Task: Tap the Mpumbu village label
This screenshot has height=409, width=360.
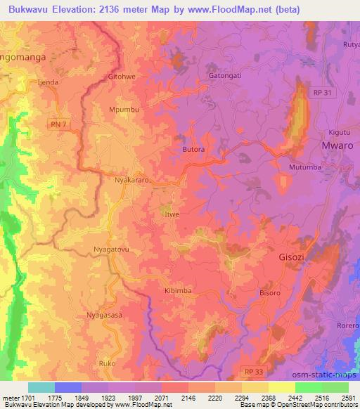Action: click(x=124, y=110)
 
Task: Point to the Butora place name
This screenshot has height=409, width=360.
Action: click(x=193, y=150)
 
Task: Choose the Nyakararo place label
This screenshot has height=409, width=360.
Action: click(x=133, y=181)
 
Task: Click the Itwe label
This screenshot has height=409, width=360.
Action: click(x=172, y=214)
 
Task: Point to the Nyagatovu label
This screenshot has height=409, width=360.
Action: click(x=112, y=249)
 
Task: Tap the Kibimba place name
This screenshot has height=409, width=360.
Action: click(x=178, y=290)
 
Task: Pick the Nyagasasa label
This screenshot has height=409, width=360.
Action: click(x=104, y=315)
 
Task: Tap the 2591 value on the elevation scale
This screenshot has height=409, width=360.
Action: click(x=348, y=398)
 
